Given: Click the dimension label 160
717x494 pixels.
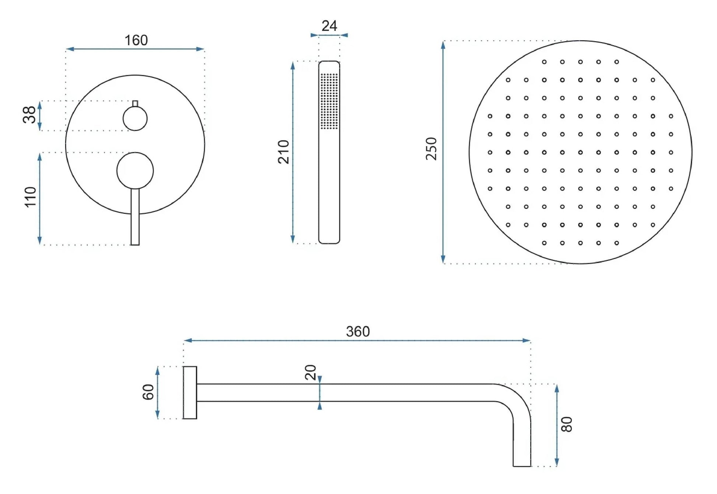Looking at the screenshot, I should pyautogui.click(x=136, y=40).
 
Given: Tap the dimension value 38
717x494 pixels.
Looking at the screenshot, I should pyautogui.click(x=29, y=115).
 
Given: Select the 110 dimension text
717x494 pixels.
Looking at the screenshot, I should pyautogui.click(x=31, y=197).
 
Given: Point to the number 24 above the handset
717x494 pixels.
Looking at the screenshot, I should pyautogui.click(x=329, y=26).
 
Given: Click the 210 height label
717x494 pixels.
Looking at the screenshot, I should pyautogui.click(x=284, y=152).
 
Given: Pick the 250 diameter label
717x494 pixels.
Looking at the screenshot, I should pyautogui.click(x=431, y=149).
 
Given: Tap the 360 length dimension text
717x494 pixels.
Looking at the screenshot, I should pyautogui.click(x=357, y=331).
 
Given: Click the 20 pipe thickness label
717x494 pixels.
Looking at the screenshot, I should pyautogui.click(x=311, y=372).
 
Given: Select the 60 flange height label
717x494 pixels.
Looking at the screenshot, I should pyautogui.click(x=148, y=392).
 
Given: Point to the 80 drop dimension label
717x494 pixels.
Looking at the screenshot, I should pyautogui.click(x=566, y=424).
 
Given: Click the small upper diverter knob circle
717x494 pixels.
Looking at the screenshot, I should pyautogui.click(x=135, y=118).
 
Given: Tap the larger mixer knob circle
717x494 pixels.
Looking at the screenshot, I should pyautogui.click(x=135, y=171).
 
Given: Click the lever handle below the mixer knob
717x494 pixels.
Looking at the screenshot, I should pyautogui.click(x=135, y=218).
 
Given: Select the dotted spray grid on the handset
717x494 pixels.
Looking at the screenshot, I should pyautogui.click(x=329, y=101).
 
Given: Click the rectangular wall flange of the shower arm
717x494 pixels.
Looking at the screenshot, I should pyautogui.click(x=190, y=393).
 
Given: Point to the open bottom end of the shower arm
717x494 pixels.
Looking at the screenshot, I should pyautogui.click(x=522, y=465).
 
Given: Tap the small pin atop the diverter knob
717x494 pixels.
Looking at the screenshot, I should pyautogui.click(x=135, y=104).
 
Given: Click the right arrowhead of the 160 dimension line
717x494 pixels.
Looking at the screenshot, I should pyautogui.click(x=200, y=49).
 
